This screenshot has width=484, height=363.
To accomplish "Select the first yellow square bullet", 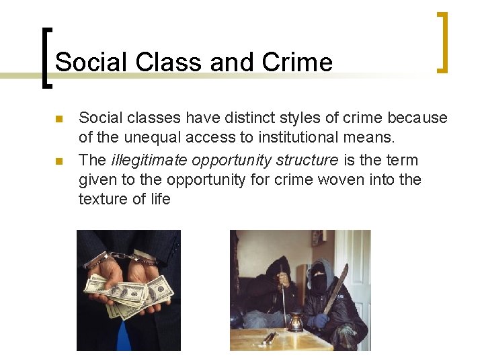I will point(58,119).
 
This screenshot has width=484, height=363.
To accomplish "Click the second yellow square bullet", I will point(58,161).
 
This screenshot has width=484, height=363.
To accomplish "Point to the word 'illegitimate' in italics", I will point(149,160).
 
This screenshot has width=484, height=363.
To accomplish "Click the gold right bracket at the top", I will point(442,42).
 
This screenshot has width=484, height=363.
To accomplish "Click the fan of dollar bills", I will point(128,294).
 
